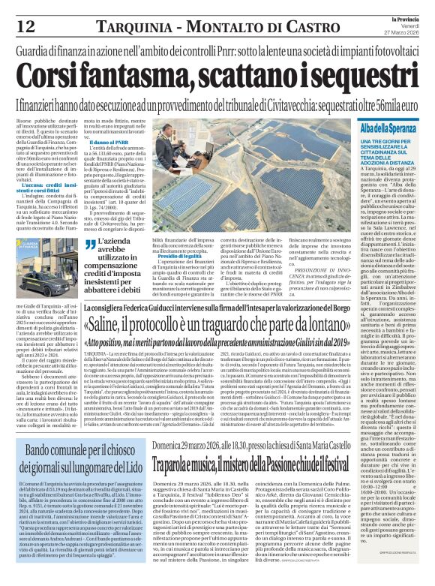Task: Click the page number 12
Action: [25, 25]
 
